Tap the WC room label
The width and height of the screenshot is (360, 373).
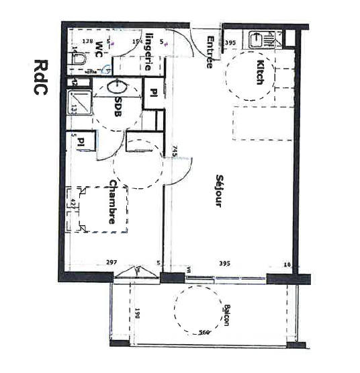click(99, 48)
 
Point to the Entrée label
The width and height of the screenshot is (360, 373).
click(210, 52)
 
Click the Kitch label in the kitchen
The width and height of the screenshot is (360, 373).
click(260, 73)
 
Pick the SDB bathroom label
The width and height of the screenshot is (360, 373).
click(118, 108)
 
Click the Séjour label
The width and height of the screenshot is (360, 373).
click(218, 190)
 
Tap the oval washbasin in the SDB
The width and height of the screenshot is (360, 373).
click(116, 87)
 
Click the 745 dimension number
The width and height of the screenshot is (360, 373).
click(174, 152)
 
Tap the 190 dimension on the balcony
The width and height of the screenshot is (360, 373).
click(137, 314)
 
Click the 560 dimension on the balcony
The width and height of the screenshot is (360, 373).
click(205, 333)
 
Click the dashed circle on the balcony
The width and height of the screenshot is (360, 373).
click(198, 309)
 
